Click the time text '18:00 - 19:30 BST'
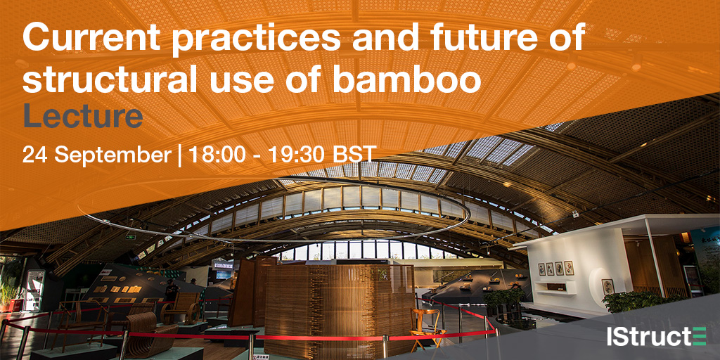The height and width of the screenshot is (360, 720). (x=278, y=154)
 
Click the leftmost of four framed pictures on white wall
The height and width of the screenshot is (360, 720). (x=541, y=269)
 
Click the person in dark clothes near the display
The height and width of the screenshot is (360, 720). (x=170, y=290)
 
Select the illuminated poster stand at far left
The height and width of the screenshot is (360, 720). (x=34, y=289)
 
